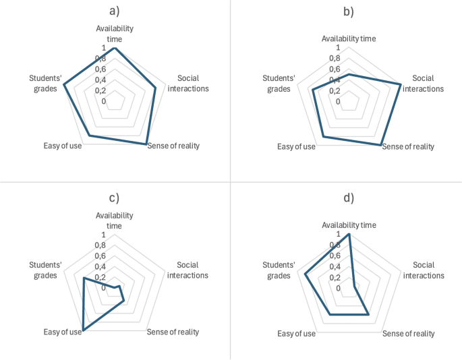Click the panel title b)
point(348,11)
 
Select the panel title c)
point(114,198)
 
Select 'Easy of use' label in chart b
point(296,146)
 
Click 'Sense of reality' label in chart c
point(173,332)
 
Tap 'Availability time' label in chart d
point(349,224)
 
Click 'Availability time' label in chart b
point(349,38)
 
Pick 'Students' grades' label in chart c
point(42,270)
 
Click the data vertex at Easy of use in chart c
point(82,330)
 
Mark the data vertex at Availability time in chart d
point(349,234)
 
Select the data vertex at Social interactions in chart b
point(401,84)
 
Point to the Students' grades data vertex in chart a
point(63,85)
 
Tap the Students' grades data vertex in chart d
point(306,274)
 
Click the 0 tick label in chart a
point(104,101)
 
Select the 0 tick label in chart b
point(338,101)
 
